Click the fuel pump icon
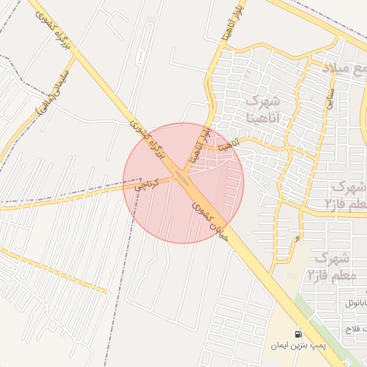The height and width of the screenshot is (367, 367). tap(297, 335)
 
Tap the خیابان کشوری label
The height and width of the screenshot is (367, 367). tap(211, 221)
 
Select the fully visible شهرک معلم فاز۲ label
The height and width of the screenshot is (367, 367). tap(330, 266)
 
